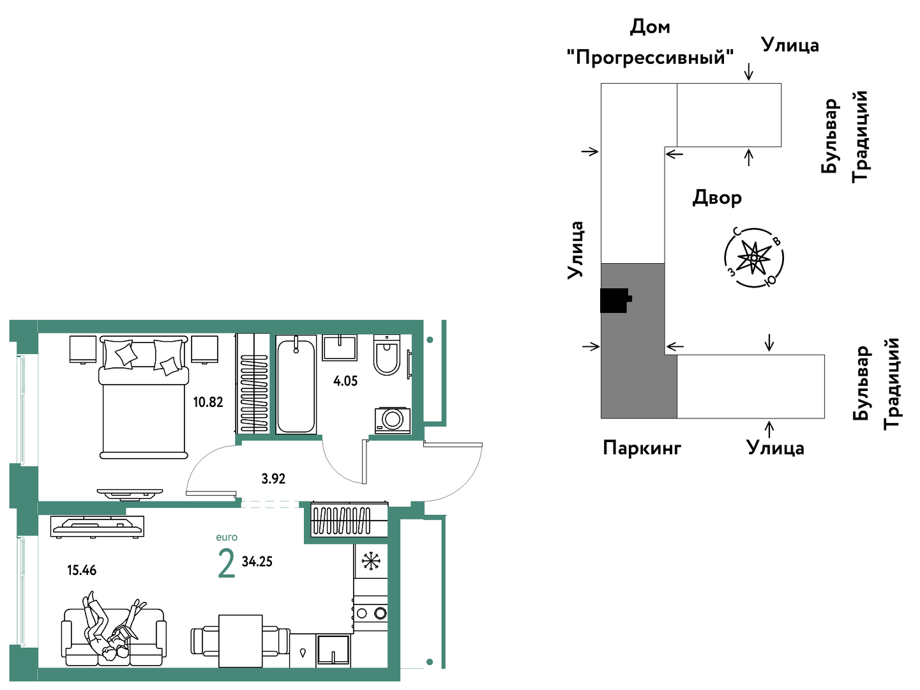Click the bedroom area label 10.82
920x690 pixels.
(208, 402)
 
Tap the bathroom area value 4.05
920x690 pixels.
(345, 381)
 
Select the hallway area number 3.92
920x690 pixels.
(273, 479)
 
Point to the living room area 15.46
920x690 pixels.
(82, 571)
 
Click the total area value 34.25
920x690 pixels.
(257, 561)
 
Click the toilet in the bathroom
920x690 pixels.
(386, 355)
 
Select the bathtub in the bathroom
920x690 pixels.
(296, 384)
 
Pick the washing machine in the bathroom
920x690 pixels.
(392, 420)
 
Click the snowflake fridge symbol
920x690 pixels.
(370, 561)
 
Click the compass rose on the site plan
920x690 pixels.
(754, 257)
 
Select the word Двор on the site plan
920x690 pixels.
(717, 197)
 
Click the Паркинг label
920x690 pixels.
(642, 448)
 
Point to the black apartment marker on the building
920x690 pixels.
(615, 300)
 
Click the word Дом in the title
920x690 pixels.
(650, 27)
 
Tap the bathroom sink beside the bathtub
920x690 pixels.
(340, 348)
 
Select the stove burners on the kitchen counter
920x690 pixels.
(370, 614)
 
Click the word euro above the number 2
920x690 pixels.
(227, 537)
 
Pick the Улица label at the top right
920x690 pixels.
(790, 45)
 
